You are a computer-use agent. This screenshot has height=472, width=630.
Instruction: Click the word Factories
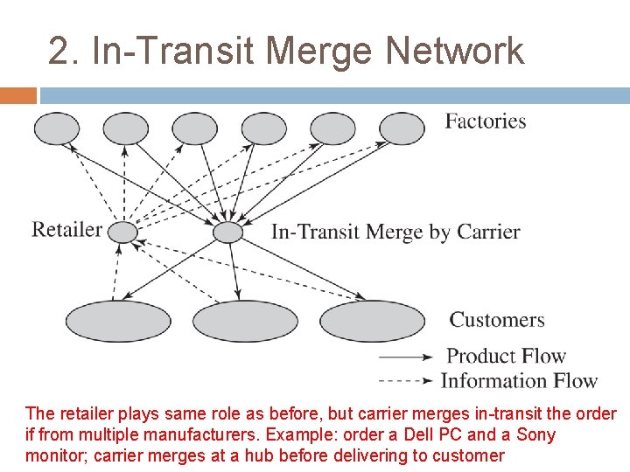click(x=486, y=121)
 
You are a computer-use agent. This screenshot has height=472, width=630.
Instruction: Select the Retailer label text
click(x=66, y=230)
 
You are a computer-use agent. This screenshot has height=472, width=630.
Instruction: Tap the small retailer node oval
click(x=122, y=232)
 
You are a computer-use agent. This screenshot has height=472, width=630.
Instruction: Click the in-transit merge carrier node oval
click(x=227, y=232)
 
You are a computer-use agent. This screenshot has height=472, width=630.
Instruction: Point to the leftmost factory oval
click(x=56, y=128)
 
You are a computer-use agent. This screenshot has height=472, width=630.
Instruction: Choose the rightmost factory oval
click(x=402, y=128)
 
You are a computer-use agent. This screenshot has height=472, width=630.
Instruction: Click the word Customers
click(x=496, y=320)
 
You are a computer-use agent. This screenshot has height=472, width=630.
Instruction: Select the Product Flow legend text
click(x=507, y=356)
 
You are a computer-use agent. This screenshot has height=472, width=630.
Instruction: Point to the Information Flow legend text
click(x=519, y=380)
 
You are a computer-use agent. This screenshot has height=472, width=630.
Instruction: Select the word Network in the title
click(x=454, y=51)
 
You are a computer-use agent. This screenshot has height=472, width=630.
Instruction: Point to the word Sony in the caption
click(x=535, y=434)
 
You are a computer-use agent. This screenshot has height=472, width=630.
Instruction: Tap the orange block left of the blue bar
click(x=18, y=95)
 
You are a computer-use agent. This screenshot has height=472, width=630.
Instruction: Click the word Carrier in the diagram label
click(x=487, y=233)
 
